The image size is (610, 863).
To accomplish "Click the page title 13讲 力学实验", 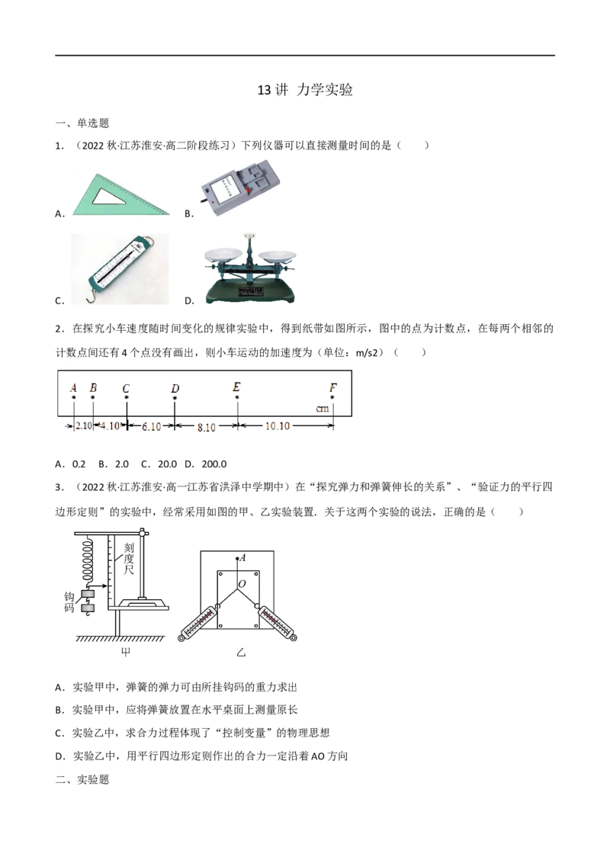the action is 305,90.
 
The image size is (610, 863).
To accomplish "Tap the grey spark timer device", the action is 239,187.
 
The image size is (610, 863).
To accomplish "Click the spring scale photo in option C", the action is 120,269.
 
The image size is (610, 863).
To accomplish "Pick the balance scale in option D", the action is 251,269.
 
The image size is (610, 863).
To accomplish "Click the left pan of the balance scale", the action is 223,253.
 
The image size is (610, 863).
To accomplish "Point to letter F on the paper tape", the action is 333,388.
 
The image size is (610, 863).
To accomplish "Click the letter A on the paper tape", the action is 73,388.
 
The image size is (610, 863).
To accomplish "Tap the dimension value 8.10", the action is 207,427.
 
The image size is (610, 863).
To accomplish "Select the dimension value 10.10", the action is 278,426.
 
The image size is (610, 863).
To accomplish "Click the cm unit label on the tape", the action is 322,409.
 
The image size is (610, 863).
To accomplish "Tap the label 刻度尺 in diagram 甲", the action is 128,558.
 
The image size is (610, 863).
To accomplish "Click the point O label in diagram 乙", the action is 242,584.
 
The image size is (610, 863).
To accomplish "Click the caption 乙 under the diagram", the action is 241,653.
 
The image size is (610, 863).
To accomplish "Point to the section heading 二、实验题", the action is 82,779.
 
